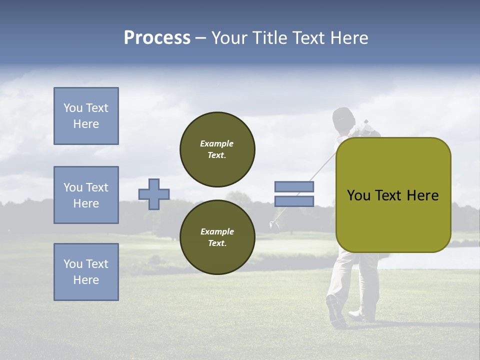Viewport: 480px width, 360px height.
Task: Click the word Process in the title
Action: click(x=157, y=38)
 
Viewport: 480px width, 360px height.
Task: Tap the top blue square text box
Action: click(x=86, y=116)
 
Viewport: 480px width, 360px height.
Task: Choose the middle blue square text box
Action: click(x=86, y=195)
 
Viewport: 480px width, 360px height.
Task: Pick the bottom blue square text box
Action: click(x=86, y=272)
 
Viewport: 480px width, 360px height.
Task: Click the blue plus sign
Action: click(x=154, y=194)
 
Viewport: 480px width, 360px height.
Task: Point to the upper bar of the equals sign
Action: click(x=294, y=187)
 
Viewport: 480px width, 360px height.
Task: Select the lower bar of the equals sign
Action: click(x=294, y=201)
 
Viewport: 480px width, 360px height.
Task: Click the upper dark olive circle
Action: click(x=217, y=149)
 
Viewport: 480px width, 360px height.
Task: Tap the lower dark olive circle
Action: click(x=217, y=237)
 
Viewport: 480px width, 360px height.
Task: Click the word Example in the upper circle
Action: click(x=217, y=144)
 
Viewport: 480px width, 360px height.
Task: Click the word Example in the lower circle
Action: click(x=217, y=232)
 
